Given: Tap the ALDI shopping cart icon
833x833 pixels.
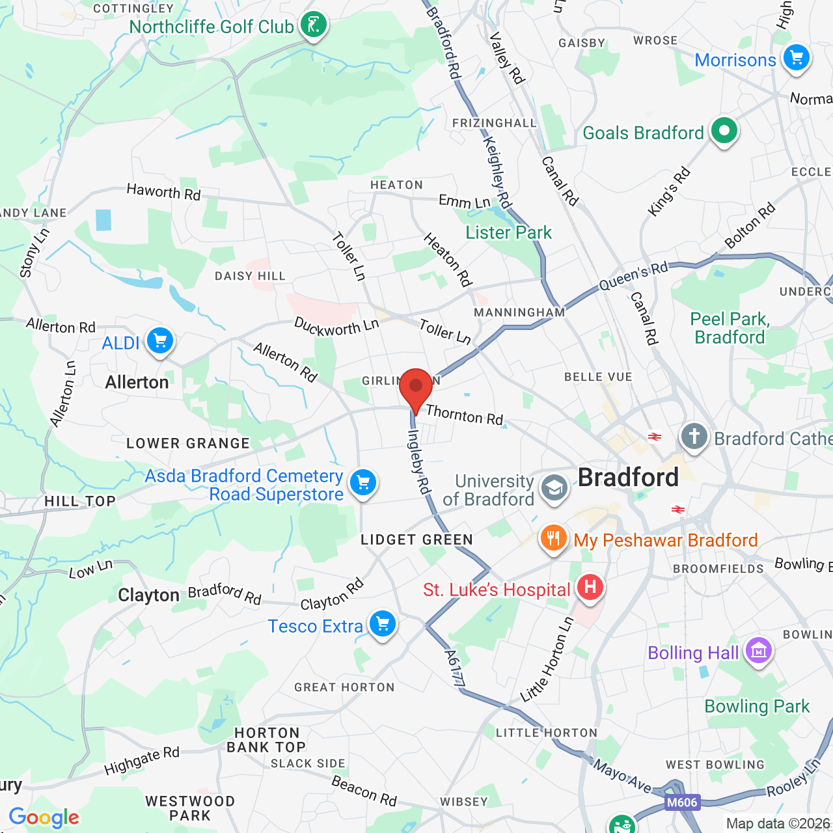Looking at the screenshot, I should (159, 341).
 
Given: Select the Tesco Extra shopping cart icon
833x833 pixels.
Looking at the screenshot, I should (383, 624).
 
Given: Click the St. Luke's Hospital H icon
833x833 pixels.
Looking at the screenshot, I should (590, 588).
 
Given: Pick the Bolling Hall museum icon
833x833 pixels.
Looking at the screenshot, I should (758, 651).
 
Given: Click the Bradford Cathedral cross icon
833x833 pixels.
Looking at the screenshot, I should (694, 437).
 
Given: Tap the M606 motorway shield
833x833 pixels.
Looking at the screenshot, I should (682, 802).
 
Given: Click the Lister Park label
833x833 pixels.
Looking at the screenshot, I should (508, 232).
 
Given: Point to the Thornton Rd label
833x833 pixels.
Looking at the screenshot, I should (465, 415).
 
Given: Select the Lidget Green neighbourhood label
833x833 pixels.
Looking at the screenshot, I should (416, 539).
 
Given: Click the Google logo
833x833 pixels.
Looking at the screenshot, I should (44, 817).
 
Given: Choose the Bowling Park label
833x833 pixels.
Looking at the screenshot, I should (757, 706).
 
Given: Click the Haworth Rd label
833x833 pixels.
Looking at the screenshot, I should (163, 192).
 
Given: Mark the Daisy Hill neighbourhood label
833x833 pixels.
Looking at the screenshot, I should (250, 276).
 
